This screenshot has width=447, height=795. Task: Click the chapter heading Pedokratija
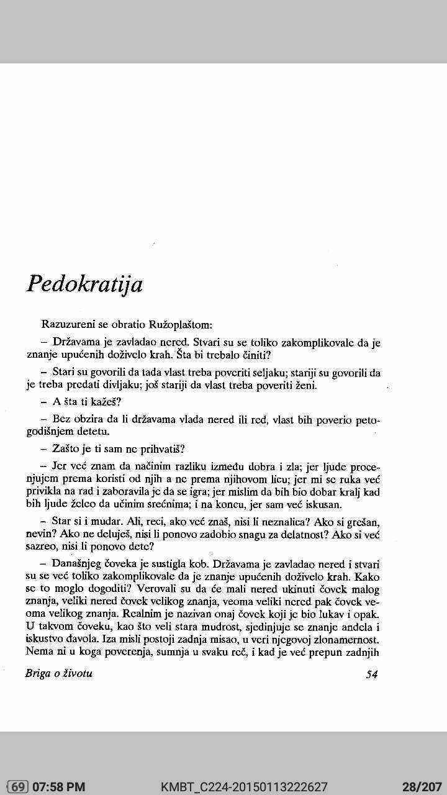[85, 284]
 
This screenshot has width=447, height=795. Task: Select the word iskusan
[320, 504]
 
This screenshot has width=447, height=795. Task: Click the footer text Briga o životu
[59, 673]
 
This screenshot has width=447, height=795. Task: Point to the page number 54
[372, 674]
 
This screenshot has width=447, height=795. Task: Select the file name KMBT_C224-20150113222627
[244, 787]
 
